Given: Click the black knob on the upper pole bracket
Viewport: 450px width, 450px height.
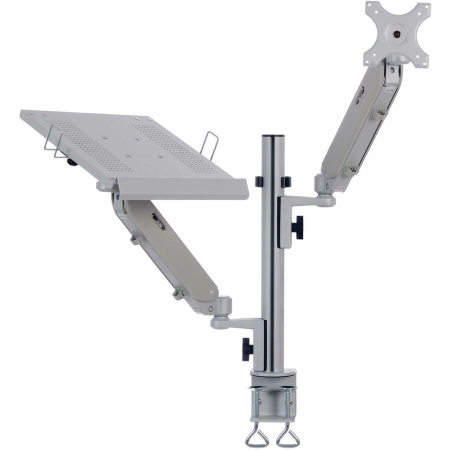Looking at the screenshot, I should pyautogui.click(x=298, y=228).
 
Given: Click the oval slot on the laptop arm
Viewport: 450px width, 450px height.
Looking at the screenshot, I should pyautogui.click(x=158, y=221).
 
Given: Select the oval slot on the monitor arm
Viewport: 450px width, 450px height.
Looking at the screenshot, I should pyautogui.click(x=359, y=95).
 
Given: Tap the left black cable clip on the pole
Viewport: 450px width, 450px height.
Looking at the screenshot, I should pyautogui.click(x=259, y=181).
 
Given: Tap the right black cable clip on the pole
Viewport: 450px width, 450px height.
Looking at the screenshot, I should pyautogui.click(x=286, y=181).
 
